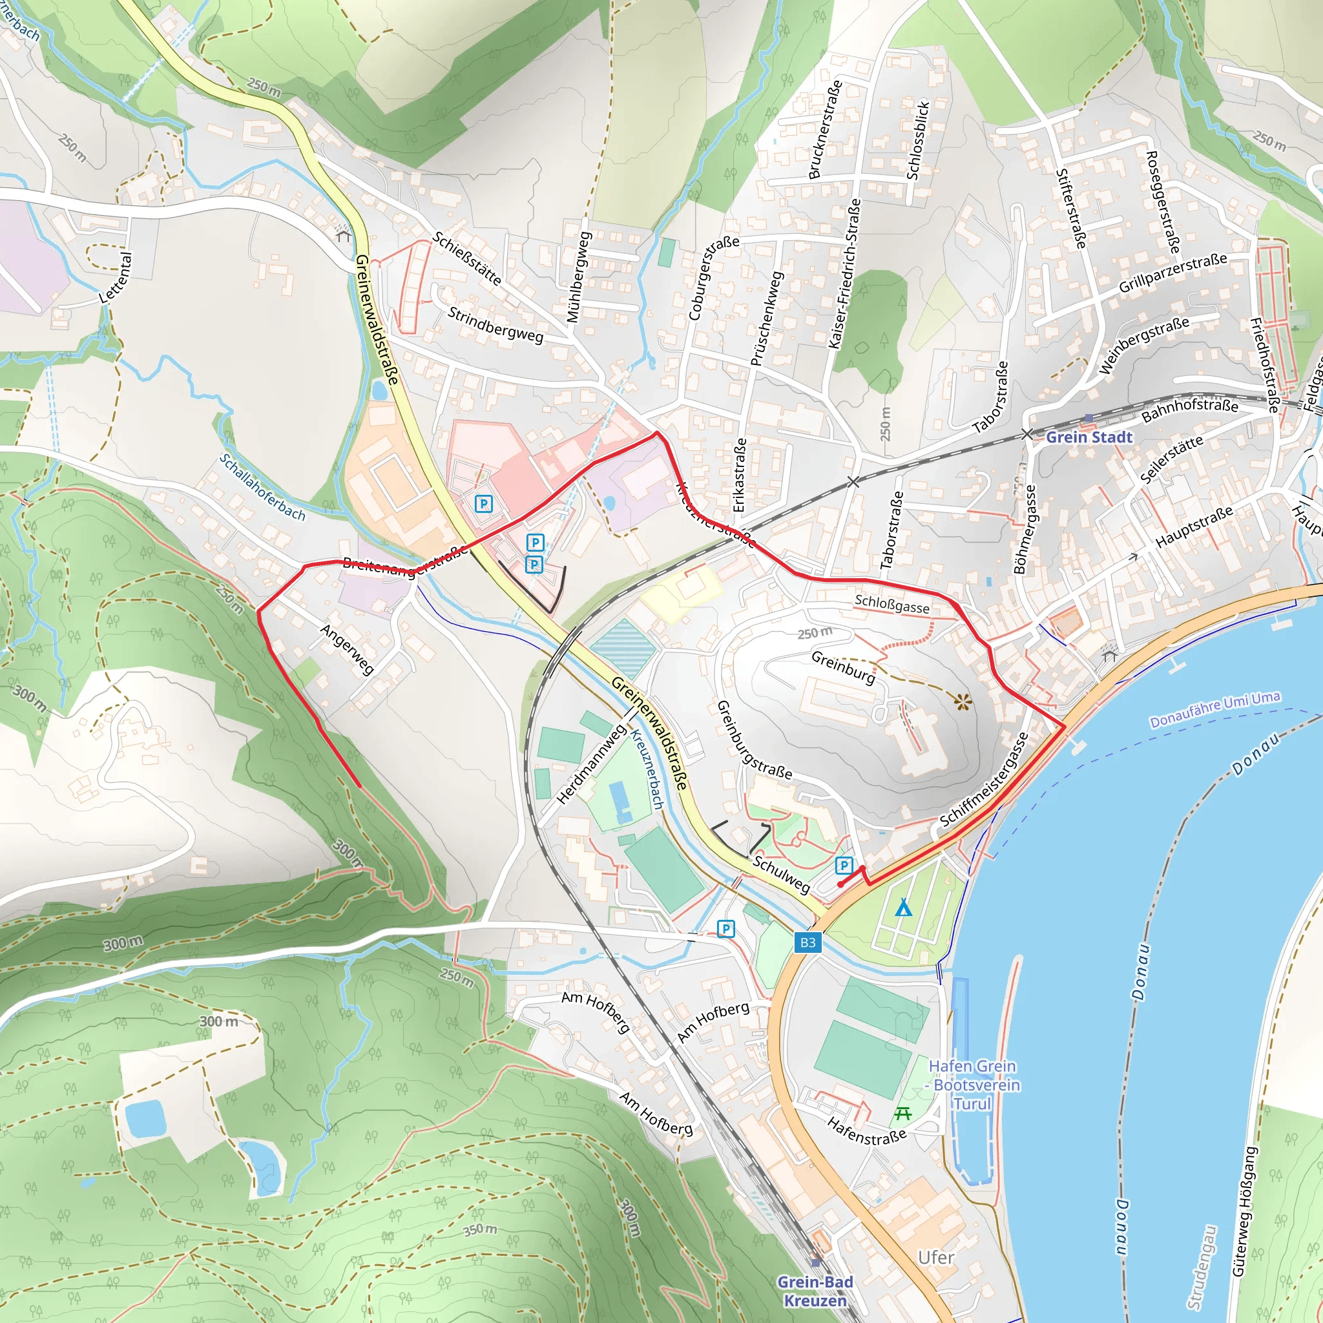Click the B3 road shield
coord(807,943)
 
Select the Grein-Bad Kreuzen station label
coord(815,1291)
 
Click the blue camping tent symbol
coord(903,908)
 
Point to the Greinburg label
coord(843,667)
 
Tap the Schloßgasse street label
coord(891,604)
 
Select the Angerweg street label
coord(347,649)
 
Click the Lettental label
coord(115,278)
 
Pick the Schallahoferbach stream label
coord(262,487)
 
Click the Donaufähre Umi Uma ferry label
coord(1215,709)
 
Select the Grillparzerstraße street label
coord(1172,273)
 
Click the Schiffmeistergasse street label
coord(983,779)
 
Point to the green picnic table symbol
coord(902,1114)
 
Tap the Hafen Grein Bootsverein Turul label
coord(972,1085)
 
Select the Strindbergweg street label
coord(495,324)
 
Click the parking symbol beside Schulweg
coord(844,866)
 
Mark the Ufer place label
coord(935,1258)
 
